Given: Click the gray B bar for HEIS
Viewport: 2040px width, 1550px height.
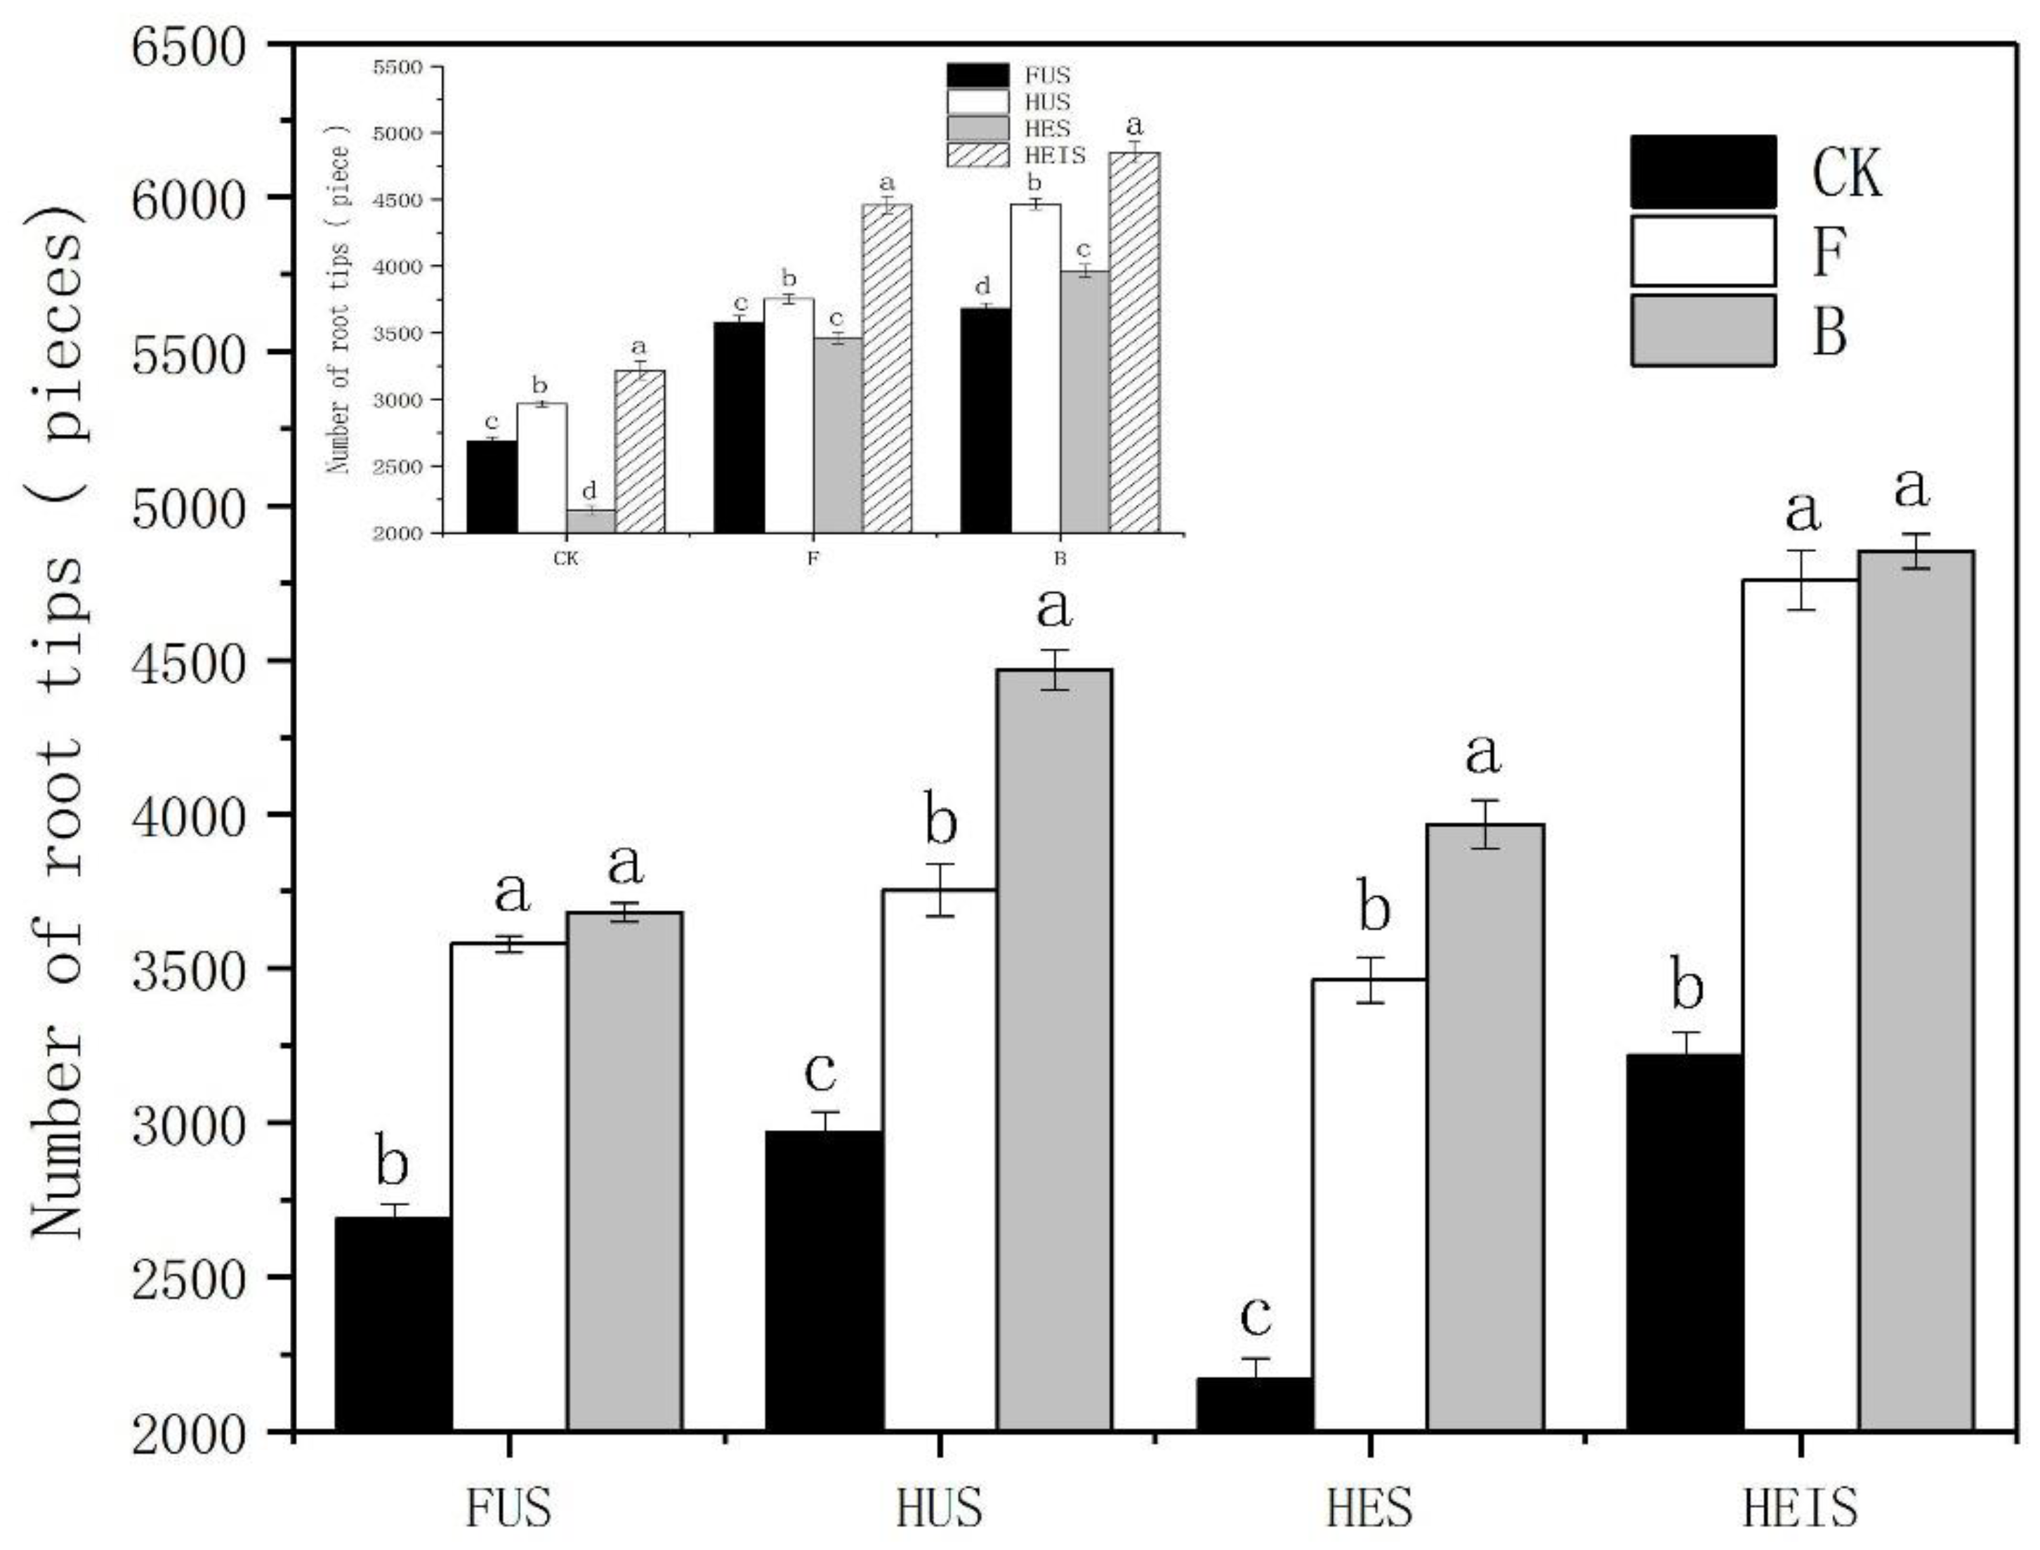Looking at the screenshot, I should (x=1916, y=991).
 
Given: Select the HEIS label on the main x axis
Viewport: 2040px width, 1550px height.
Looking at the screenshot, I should (x=1800, y=1509).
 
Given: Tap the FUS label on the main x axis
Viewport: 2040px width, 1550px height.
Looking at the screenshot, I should (x=508, y=1509).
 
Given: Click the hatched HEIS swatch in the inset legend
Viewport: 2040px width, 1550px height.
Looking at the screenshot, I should (x=978, y=155).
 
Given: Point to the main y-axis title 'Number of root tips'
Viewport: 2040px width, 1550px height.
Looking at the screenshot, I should (x=57, y=724).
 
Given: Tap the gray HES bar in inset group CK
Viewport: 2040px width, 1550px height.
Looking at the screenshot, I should (x=591, y=521).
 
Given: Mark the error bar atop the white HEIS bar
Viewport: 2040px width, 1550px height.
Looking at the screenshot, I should (x=1800, y=579).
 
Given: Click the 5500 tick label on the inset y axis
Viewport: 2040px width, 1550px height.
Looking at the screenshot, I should (x=397, y=67).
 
